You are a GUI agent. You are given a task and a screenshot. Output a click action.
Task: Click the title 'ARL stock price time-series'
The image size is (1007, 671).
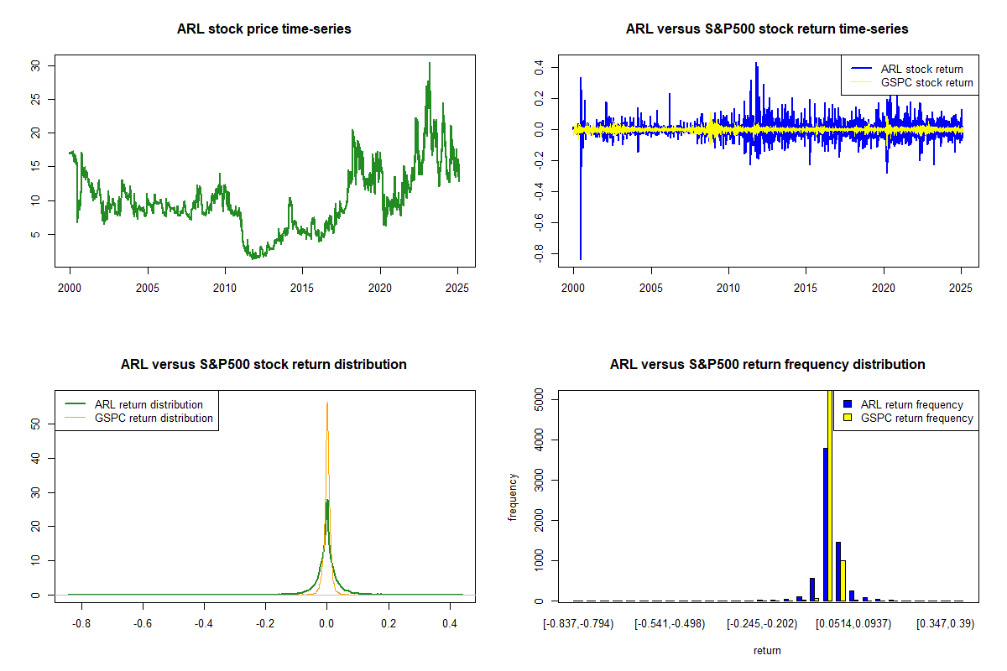click(263, 29)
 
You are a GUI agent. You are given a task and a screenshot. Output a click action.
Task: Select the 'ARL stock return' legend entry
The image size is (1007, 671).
click(921, 69)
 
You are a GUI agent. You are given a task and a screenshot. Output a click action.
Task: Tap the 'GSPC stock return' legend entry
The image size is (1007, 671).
click(926, 83)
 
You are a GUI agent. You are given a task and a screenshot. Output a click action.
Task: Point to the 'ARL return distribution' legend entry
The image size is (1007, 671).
click(149, 404)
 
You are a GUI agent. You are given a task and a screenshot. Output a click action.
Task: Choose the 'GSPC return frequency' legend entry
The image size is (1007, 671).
click(916, 418)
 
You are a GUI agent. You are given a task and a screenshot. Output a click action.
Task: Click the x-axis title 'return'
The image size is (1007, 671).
click(767, 650)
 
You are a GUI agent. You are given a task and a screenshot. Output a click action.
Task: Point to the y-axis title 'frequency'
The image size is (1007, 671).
click(514, 497)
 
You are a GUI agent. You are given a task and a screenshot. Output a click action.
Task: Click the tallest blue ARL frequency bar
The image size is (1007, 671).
click(826, 524)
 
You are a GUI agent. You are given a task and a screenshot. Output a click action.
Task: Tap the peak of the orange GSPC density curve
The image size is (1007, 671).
click(327, 403)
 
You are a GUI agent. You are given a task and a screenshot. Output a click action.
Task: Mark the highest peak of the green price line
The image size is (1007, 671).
click(430, 63)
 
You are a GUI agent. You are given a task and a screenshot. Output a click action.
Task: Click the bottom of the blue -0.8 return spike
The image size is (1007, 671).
click(581, 259)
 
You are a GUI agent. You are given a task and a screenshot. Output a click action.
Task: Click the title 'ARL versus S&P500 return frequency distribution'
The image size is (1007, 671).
click(767, 365)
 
